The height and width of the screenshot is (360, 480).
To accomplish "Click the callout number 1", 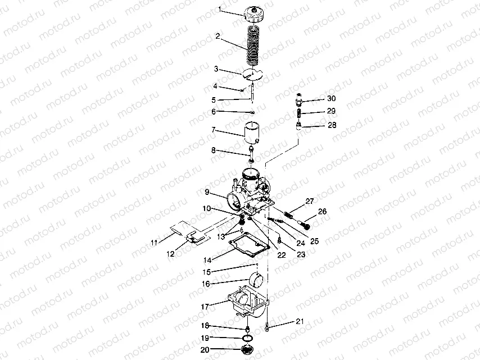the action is (x=220, y=10).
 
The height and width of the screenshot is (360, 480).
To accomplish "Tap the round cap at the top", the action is (x=254, y=15).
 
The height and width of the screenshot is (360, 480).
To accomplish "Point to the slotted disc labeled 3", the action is (x=252, y=75).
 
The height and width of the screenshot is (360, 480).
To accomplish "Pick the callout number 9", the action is (x=207, y=192).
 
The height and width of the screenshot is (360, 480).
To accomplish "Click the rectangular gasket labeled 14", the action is (x=249, y=244).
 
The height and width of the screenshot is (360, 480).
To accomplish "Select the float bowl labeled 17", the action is (x=248, y=302).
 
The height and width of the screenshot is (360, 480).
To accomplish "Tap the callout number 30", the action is (x=331, y=98).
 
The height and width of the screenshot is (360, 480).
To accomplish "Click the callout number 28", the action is (x=332, y=125).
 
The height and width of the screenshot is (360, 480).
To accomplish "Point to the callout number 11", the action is (x=154, y=243).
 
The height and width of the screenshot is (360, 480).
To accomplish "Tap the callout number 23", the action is (x=301, y=254).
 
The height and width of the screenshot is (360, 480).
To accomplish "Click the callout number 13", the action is (x=221, y=236).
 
